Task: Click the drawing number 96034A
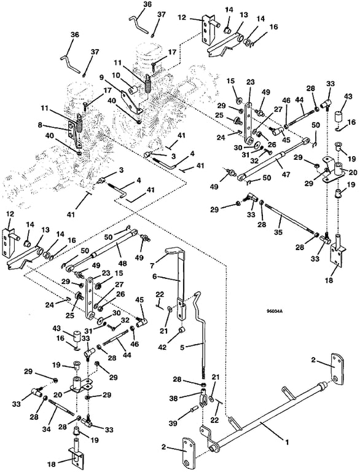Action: [x=273, y=312]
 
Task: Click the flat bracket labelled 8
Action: [x=73, y=133]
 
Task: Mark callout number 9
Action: [x=101, y=77]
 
